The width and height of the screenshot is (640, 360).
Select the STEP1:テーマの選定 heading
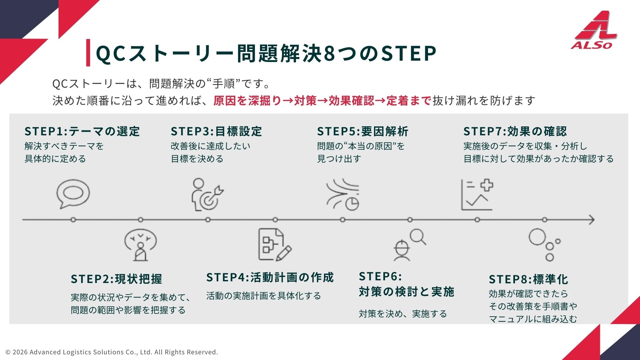(x=82, y=131)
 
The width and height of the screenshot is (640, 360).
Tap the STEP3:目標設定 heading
(x=216, y=131)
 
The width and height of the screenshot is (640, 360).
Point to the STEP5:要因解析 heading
(x=363, y=131)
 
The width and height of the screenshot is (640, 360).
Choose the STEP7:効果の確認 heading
(x=515, y=131)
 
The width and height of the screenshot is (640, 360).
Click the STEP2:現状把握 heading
(x=116, y=279)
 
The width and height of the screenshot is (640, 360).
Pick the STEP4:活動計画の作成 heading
(x=270, y=277)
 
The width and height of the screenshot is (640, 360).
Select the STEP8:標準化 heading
(x=529, y=279)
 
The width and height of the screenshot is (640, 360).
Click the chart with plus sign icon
(x=477, y=195)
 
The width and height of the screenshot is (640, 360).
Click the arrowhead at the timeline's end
(x=592, y=220)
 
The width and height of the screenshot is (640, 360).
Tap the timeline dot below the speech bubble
(x=73, y=220)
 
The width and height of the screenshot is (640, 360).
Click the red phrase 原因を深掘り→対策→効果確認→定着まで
(x=322, y=100)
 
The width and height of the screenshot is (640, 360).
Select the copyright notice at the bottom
(x=112, y=352)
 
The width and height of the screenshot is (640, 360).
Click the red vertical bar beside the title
(x=88, y=52)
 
